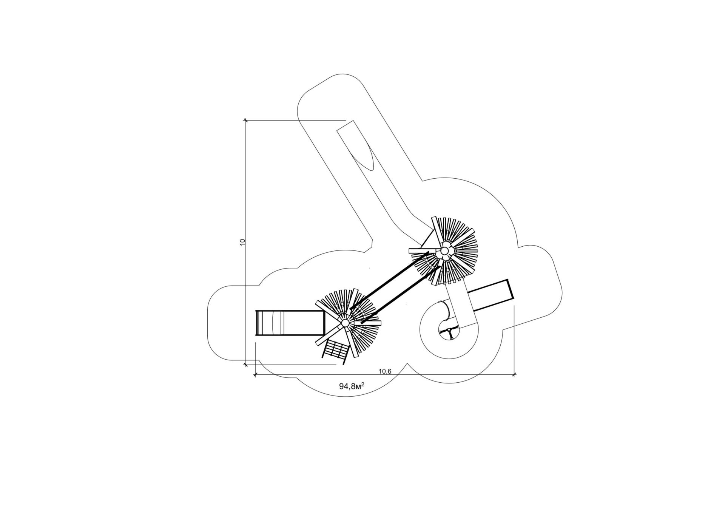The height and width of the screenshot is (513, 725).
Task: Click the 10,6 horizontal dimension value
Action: pyautogui.click(x=384, y=371)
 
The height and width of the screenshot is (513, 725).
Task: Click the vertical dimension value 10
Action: pyautogui.click(x=243, y=242)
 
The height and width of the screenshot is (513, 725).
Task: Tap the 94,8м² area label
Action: pyautogui.click(x=352, y=386)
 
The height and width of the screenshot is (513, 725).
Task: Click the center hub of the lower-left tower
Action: pyautogui.click(x=345, y=323)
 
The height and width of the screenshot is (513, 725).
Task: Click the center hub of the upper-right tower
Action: pyautogui.click(x=445, y=251)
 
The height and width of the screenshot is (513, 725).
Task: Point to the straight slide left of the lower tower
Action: pyautogui.click(x=290, y=323)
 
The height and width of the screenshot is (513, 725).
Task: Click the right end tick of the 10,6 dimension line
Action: pyautogui.click(x=514, y=375)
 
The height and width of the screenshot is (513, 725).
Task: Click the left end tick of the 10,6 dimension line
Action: pyautogui.click(x=256, y=375)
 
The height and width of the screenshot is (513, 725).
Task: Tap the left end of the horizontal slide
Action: pyautogui.click(x=256, y=323)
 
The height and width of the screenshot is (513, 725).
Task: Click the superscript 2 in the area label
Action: pyautogui.click(x=363, y=384)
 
